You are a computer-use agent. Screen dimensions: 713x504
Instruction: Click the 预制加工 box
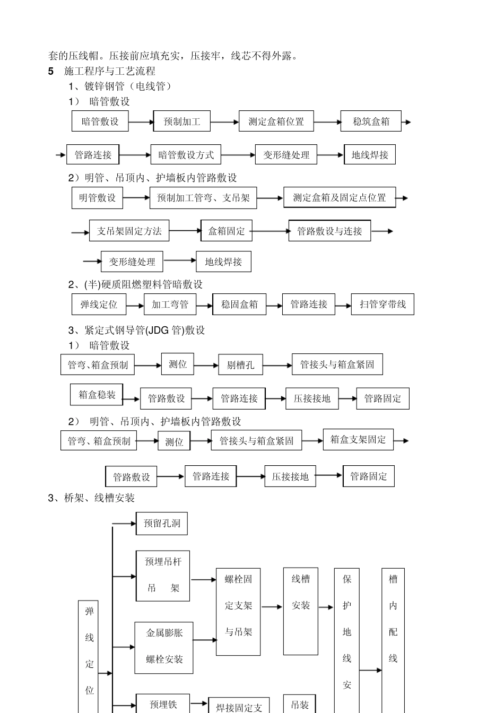pyautogui.click(x=182, y=121)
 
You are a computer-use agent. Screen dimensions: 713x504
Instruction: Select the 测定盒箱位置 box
pyautogui.click(x=276, y=121)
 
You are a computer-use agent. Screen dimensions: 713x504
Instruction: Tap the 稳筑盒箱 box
pyautogui.click(x=371, y=121)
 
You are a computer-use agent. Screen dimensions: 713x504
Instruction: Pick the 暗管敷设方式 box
pyautogui.click(x=186, y=155)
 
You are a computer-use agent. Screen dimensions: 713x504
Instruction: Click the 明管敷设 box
pyautogui.click(x=97, y=198)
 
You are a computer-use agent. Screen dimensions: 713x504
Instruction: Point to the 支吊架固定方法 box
pyautogui.click(x=129, y=231)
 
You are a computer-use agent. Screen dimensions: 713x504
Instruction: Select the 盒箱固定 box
pyautogui.click(x=227, y=231)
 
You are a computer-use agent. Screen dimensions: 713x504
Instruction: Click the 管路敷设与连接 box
pyautogui.click(x=329, y=231)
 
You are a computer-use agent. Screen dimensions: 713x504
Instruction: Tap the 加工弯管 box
pyautogui.click(x=170, y=305)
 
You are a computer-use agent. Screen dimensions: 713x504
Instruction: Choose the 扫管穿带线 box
pyautogui.click(x=383, y=305)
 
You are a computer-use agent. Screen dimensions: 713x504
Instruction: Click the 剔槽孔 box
pyautogui.click(x=240, y=365)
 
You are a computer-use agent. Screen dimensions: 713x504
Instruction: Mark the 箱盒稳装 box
pyautogui.click(x=97, y=395)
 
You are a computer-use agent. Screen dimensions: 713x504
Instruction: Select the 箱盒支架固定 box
pyautogui.click(x=358, y=440)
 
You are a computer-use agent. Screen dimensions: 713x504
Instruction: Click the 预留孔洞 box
pyautogui.click(x=162, y=524)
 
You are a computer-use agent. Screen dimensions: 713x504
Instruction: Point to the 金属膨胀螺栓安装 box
pyautogui.click(x=164, y=646)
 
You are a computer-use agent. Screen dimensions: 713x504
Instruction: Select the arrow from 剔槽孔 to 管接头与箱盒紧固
pyautogui.click(x=277, y=366)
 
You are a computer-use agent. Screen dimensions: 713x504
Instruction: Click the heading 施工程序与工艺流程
pyautogui.click(x=109, y=71)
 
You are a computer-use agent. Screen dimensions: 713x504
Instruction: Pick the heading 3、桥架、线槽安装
pyautogui.click(x=91, y=498)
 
